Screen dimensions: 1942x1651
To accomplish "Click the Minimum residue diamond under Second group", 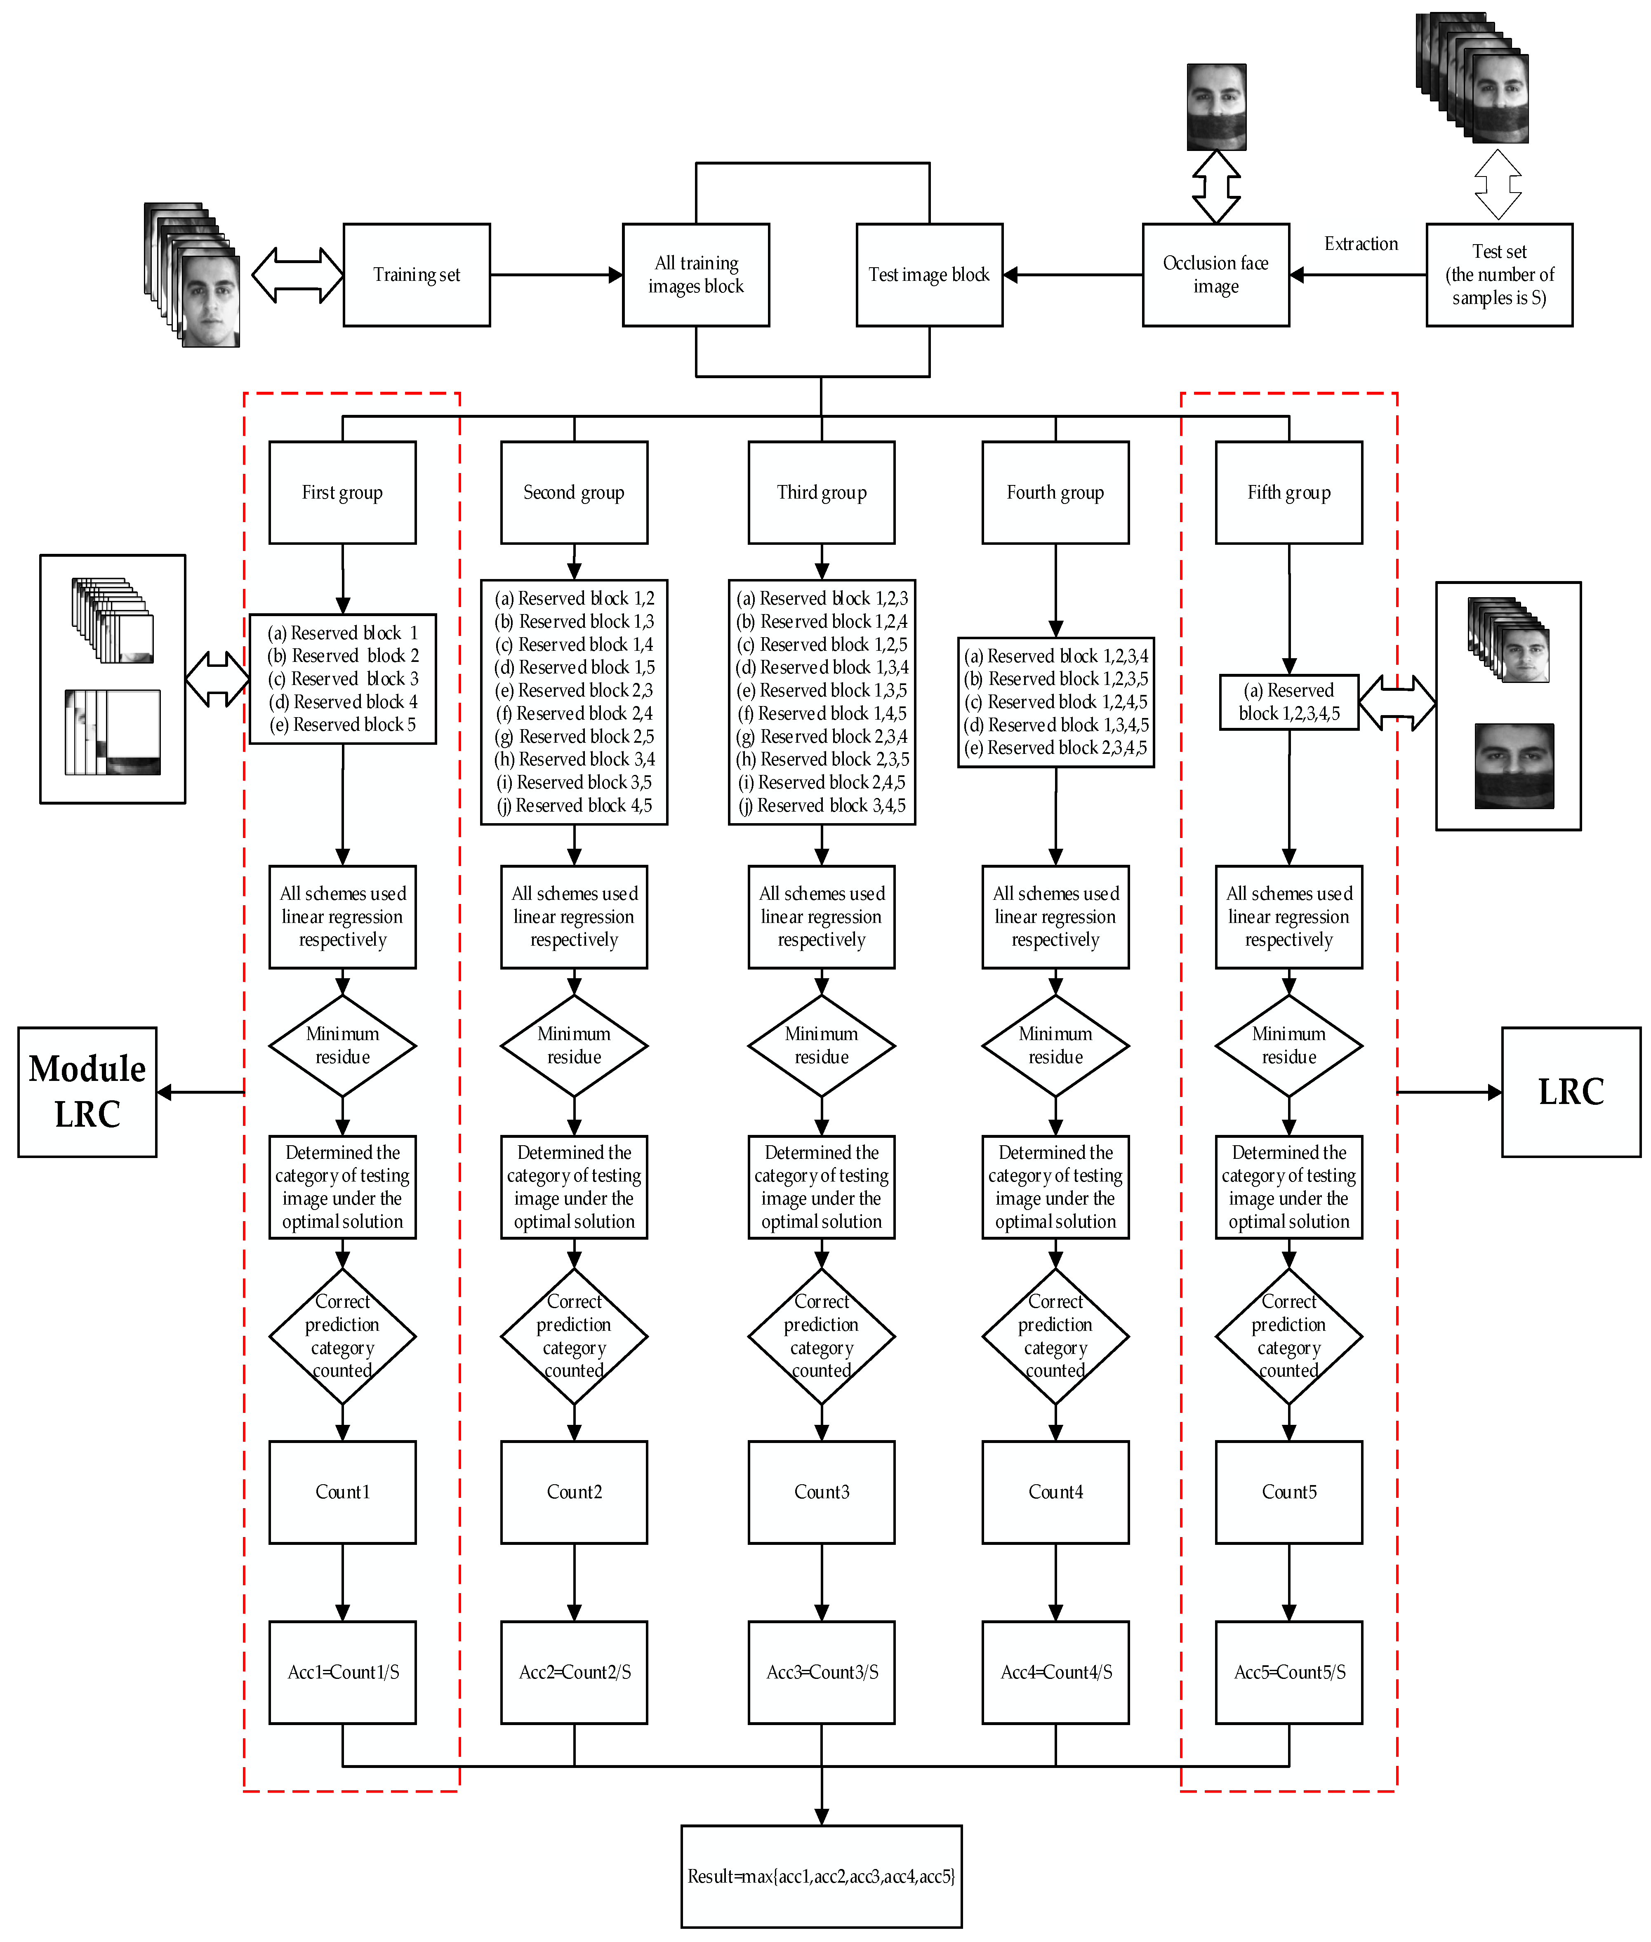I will pos(574,1045).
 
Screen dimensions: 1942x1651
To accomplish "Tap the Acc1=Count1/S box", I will pos(343,1671).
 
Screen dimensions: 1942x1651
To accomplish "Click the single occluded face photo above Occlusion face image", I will pos(1216,107).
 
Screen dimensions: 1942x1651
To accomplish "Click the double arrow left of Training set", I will pos(298,275).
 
